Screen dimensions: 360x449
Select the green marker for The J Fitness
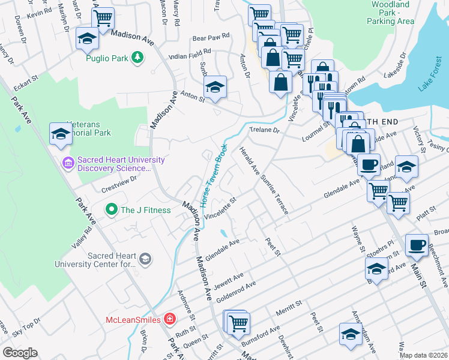(110, 210)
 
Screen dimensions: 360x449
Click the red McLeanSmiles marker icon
(170, 319)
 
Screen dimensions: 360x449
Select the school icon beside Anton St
(214, 87)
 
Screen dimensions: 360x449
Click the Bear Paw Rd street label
(211, 37)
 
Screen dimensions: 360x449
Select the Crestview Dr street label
(119, 182)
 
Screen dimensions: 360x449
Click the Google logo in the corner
(20, 352)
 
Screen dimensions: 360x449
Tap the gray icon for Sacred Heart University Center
(145, 259)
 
